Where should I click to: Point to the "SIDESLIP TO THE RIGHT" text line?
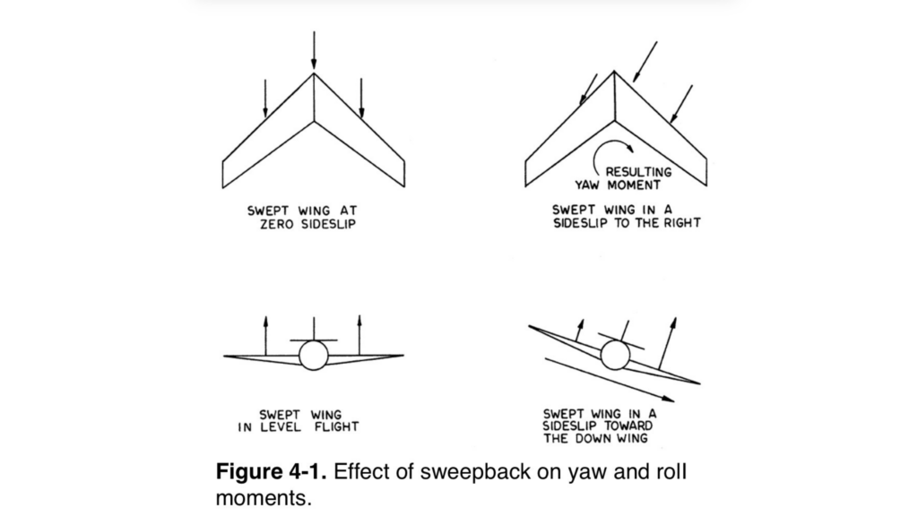point(625,223)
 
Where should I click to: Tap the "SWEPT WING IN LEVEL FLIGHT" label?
point(299,421)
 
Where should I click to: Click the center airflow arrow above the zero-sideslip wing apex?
point(314,50)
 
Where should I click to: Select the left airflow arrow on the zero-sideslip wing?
point(266,99)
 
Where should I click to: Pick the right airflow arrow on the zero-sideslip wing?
point(361,98)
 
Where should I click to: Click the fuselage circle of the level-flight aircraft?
point(314,356)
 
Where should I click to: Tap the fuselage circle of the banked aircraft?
point(614,357)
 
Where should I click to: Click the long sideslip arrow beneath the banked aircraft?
point(610,377)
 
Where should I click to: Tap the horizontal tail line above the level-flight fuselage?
point(314,341)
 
